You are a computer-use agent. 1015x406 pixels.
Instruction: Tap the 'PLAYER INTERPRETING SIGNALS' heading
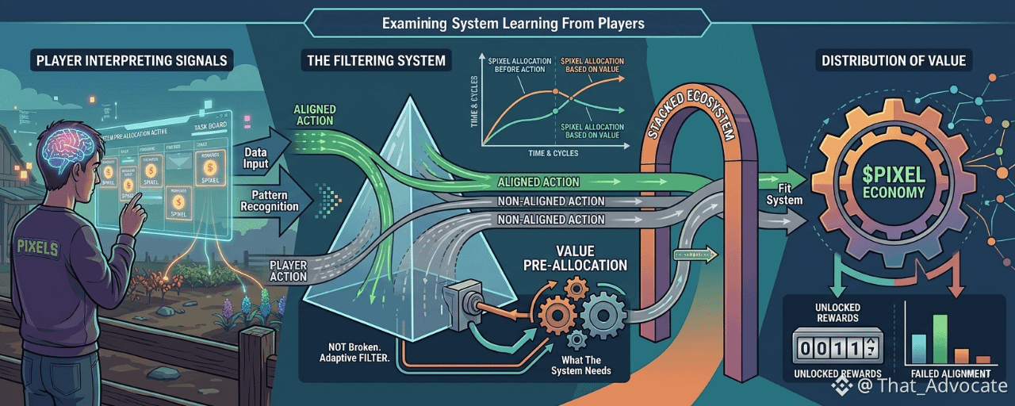[132, 60]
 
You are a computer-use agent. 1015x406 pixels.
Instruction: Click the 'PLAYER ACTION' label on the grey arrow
[288, 270]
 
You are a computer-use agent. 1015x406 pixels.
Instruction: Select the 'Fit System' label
[784, 193]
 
